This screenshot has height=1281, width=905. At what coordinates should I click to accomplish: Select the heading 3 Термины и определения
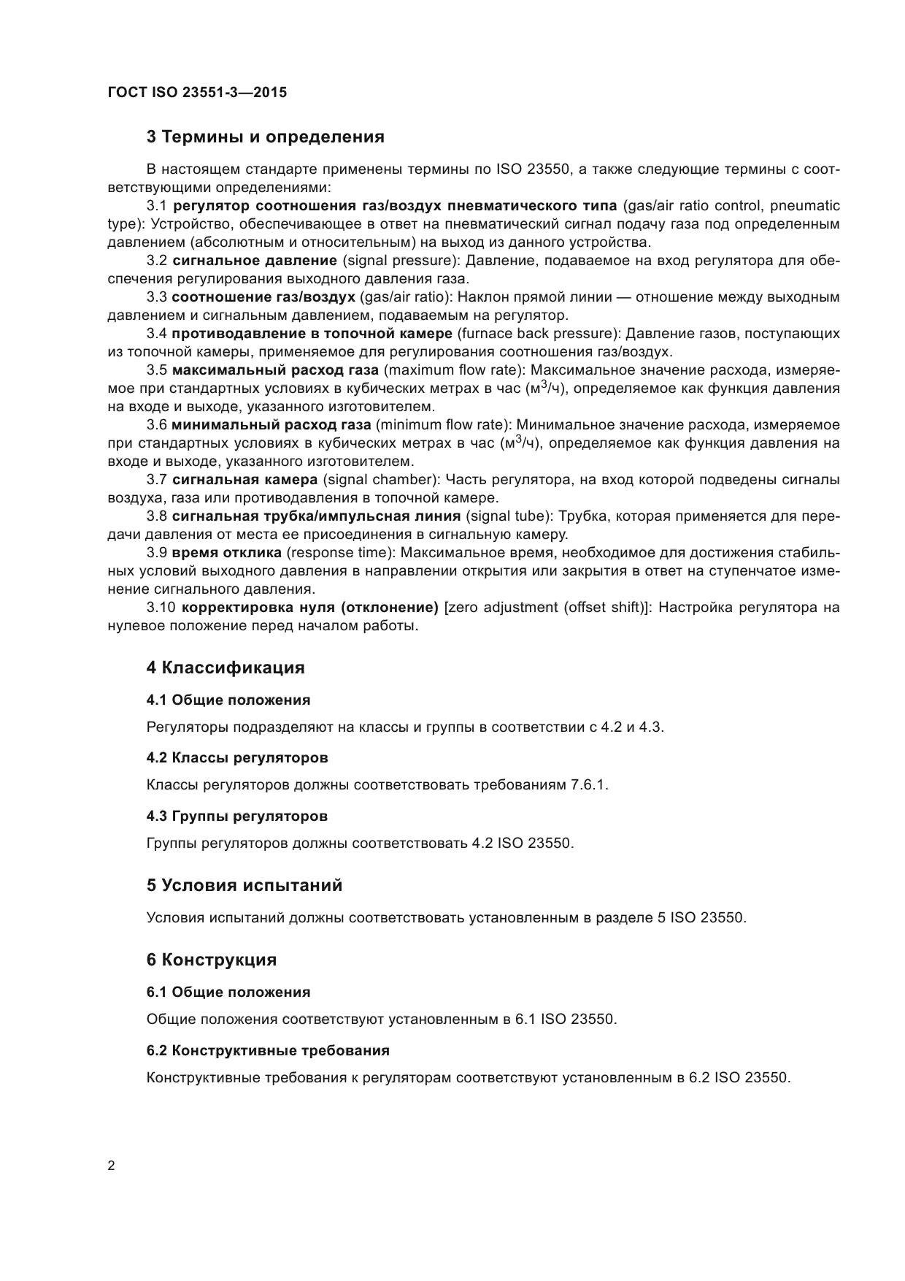(x=265, y=137)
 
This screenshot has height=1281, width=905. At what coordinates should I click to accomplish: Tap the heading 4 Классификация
(x=226, y=668)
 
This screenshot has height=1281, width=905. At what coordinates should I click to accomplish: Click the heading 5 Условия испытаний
(x=244, y=885)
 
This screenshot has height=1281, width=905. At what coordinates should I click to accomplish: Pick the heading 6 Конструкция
(x=212, y=959)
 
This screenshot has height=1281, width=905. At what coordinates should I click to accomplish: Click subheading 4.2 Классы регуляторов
(x=237, y=757)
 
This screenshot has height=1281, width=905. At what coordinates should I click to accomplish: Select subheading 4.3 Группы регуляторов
(x=236, y=816)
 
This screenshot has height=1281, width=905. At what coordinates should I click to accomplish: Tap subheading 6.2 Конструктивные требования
(x=267, y=1050)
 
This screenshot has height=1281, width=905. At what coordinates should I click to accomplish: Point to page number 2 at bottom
(x=111, y=1166)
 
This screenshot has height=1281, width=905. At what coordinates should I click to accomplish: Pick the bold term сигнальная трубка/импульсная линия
(x=316, y=516)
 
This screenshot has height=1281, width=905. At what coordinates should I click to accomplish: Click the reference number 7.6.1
(x=588, y=785)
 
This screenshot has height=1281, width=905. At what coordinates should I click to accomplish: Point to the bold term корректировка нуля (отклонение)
(x=309, y=608)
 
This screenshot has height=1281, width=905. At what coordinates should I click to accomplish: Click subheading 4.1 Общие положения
(x=228, y=700)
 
